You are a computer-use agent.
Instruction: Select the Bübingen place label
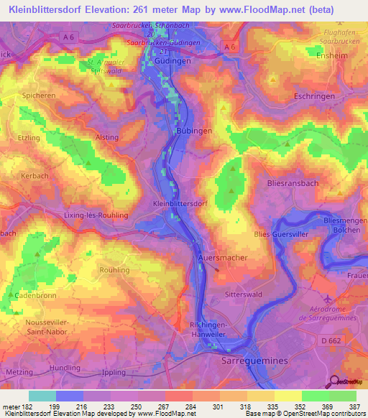click(194, 131)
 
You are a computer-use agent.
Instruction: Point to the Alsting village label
click(106, 136)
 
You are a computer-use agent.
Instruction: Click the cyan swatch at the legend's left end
click(42, 396)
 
